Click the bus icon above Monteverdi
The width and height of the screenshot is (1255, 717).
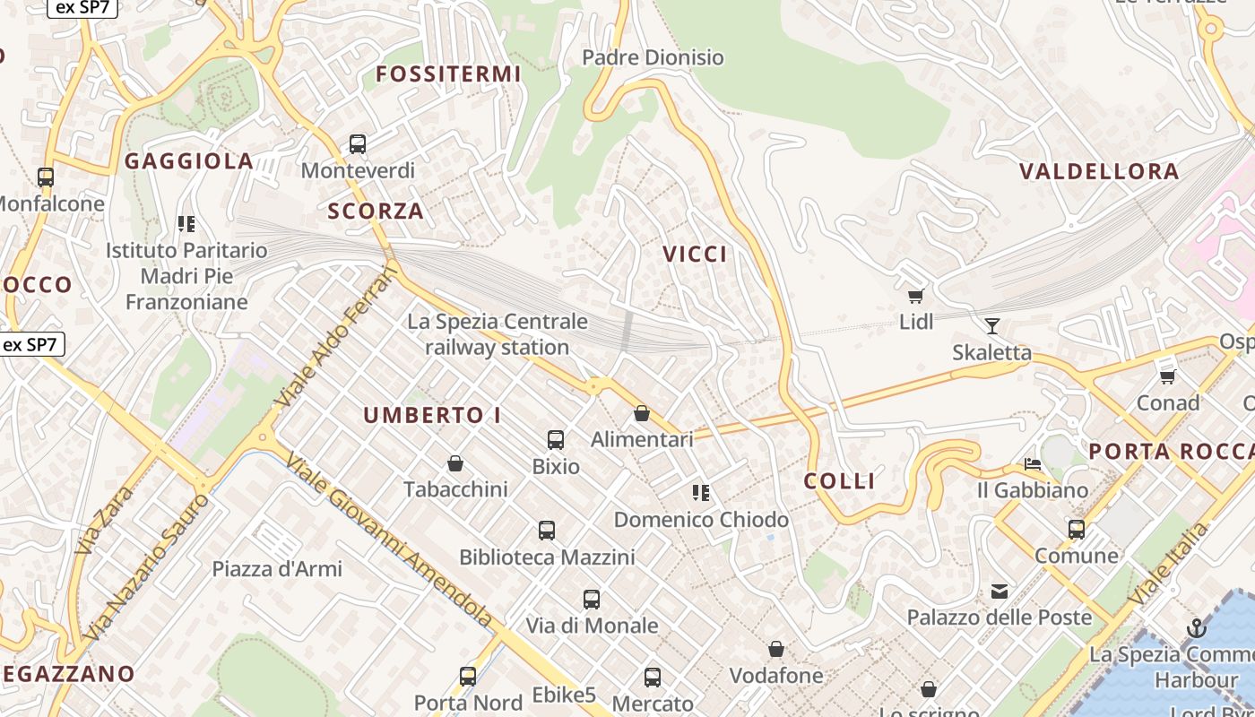pos(358,143)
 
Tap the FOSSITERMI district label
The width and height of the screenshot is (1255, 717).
pos(448,74)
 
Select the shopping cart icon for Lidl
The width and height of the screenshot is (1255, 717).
pos(915,296)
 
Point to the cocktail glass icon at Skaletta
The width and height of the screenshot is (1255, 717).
pos(991,325)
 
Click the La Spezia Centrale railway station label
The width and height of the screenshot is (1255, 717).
pos(498,334)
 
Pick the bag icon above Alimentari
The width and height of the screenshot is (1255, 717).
pos(642,413)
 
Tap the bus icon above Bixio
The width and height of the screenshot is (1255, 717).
pos(556,439)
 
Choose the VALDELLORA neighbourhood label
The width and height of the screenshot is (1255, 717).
pos(1099,172)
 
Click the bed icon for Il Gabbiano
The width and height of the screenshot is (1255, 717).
pos(1033,464)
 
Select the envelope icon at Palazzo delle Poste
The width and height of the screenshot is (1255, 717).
pos(1000,591)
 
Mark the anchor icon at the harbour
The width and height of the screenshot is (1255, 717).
pos(1197,628)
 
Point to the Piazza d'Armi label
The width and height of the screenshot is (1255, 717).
pos(277,568)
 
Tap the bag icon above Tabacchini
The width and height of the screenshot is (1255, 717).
pos(455,463)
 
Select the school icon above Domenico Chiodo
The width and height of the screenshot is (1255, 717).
pos(701,492)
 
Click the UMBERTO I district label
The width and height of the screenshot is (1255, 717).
pos(432,416)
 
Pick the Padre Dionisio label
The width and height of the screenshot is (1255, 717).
pos(653,58)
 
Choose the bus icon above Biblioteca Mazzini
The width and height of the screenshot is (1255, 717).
pos(547,530)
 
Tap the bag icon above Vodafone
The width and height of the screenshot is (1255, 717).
pos(776,649)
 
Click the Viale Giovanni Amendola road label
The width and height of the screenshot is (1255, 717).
pos(389,540)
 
